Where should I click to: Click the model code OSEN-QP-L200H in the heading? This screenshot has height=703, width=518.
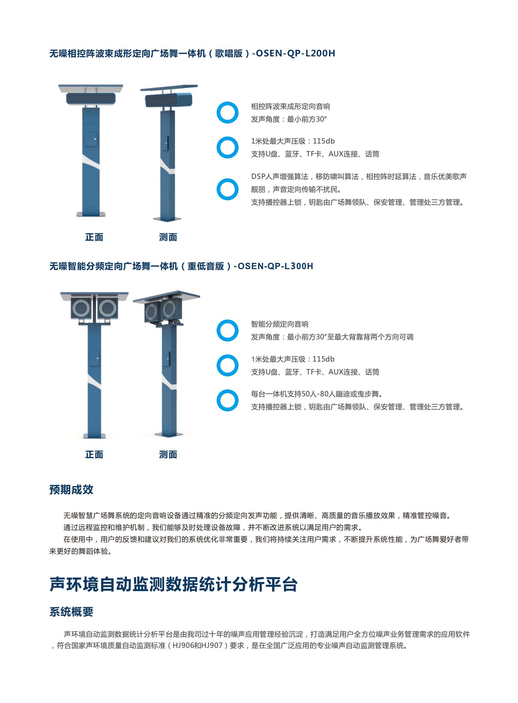pos(295,53)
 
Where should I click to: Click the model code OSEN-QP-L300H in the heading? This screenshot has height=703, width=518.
pos(275,266)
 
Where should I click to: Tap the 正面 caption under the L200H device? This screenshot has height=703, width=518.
pos(94,237)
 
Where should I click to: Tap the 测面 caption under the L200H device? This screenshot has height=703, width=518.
pos(168,237)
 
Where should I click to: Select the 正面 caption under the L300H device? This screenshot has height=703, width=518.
pos(94,455)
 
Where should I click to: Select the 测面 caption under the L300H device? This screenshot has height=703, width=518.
pos(168,455)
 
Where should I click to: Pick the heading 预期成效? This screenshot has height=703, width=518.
pos(71,490)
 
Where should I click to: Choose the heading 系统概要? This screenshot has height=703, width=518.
pos(71,612)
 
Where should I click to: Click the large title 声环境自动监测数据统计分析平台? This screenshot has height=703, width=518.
pos(174,584)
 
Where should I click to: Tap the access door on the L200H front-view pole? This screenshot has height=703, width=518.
pos(91,139)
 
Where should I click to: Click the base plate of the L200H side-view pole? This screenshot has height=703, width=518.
pos(167,219)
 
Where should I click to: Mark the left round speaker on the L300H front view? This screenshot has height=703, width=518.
pos(81,308)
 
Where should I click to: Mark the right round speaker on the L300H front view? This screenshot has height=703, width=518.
pos(107,308)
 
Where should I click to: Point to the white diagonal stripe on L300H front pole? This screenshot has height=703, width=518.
pos(94,383)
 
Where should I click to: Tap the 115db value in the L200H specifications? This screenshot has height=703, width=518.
pos(324,141)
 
